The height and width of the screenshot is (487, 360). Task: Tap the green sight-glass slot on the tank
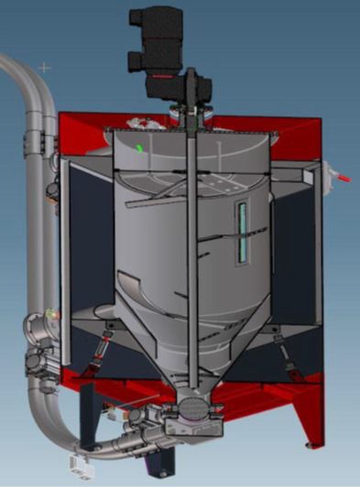(x=243, y=232)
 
